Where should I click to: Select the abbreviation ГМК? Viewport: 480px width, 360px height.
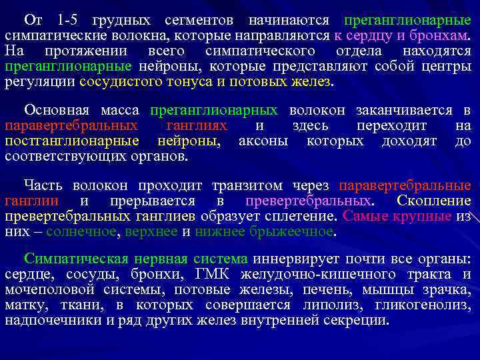213,275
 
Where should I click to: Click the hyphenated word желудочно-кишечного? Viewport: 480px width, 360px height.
313,275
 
